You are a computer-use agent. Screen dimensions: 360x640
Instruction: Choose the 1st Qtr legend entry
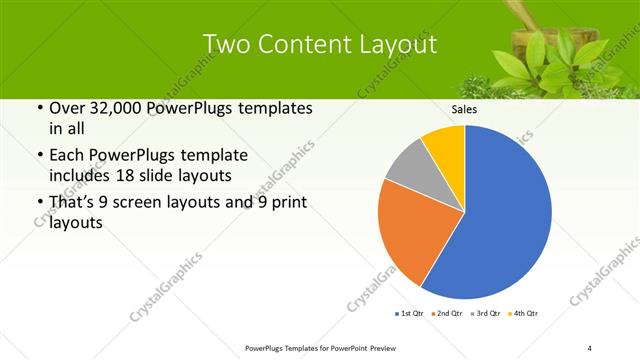click(x=409, y=314)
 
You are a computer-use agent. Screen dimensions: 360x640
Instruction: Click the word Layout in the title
click(x=397, y=44)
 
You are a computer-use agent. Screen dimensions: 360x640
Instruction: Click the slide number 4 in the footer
click(x=590, y=347)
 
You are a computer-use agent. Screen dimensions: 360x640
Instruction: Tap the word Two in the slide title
click(x=226, y=44)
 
